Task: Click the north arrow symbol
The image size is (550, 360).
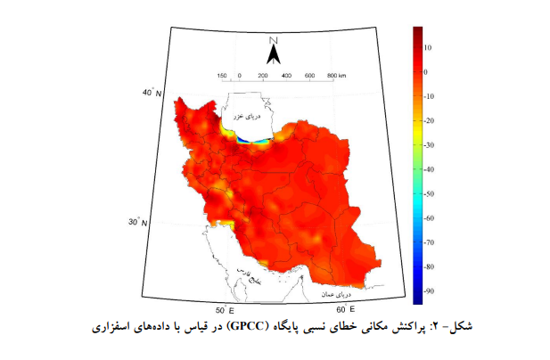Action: (x=275, y=55)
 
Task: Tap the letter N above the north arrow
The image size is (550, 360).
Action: (x=275, y=40)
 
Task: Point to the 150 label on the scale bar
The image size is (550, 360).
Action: (x=221, y=77)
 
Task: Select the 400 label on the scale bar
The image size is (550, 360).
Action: (x=286, y=77)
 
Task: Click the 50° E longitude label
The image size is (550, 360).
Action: (x=224, y=309)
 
